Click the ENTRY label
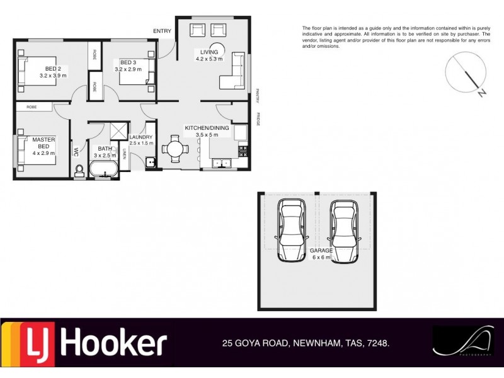point(162,31)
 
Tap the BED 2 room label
point(52,69)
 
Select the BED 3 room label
point(128,62)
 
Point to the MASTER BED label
point(44,142)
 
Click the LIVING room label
point(209,52)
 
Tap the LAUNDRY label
point(141,137)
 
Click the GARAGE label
point(321,250)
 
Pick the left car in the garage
point(292,231)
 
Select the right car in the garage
point(344,231)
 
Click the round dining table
point(175,150)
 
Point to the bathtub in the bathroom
point(103,169)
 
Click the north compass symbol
point(467,73)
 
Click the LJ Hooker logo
point(85,344)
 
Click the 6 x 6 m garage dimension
point(321,257)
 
